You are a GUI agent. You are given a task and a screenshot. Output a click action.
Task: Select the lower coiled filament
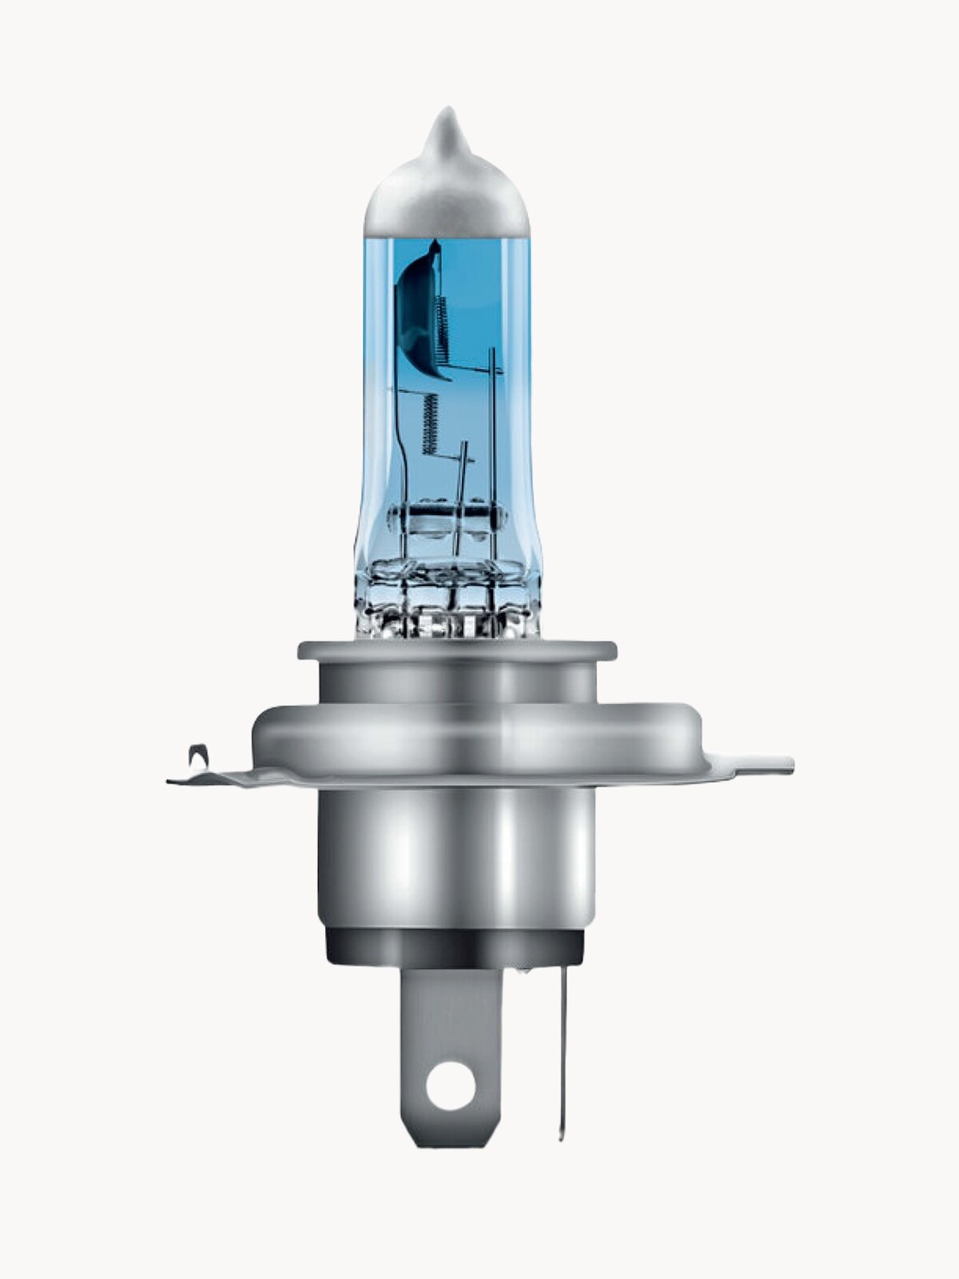(x=431, y=424)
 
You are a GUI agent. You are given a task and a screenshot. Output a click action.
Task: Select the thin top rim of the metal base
(x=456, y=650)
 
